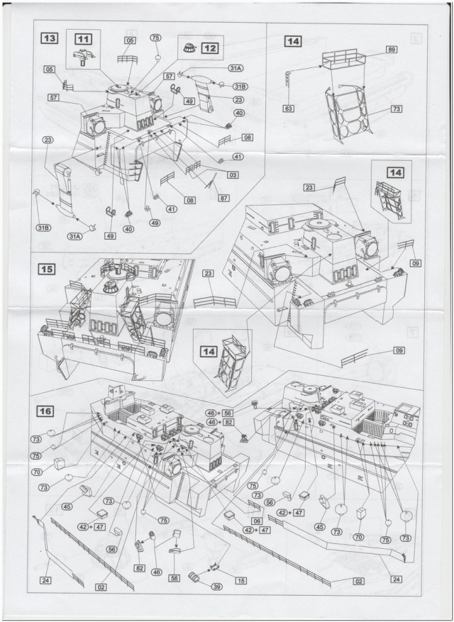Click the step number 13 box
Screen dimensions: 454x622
pos(50,38)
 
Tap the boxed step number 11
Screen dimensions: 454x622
pos(83,39)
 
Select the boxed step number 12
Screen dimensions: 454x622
pos(210,48)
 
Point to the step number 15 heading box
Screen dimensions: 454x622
pos(47,269)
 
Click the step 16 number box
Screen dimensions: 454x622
pos(45,411)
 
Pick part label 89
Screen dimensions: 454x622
pos(392,50)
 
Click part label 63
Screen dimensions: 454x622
pos(289,108)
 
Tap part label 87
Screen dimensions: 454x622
pos(224,197)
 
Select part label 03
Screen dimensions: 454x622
pos(233,174)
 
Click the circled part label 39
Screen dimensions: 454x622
pos(216,587)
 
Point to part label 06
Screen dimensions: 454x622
pos(257,521)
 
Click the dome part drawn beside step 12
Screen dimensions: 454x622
pos(189,48)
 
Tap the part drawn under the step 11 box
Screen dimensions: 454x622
pos(84,57)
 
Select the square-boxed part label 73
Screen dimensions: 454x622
pos(397,109)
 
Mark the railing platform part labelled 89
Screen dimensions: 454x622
pos(343,59)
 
